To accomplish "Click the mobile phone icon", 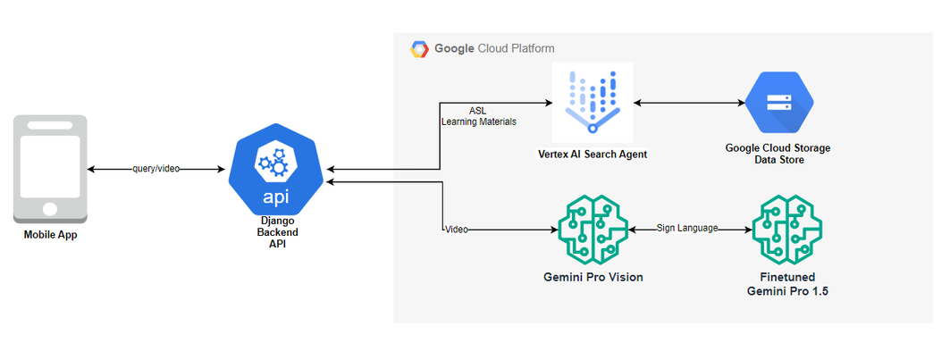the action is (x=50, y=170).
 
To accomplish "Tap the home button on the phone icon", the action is (x=50, y=209).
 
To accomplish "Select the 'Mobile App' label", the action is (x=50, y=235).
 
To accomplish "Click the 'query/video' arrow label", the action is (x=156, y=169).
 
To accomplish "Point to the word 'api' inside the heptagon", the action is (x=275, y=197).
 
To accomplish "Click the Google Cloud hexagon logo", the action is (x=419, y=49).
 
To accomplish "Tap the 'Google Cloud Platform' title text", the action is (x=494, y=48).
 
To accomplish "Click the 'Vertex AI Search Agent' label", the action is (x=593, y=155).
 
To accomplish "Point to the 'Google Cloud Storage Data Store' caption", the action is (x=778, y=154).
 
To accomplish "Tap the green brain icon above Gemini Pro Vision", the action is (x=593, y=230).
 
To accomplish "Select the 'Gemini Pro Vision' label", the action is (x=593, y=277).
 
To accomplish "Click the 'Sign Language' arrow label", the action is (x=687, y=228).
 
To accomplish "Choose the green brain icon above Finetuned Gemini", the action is (x=787, y=230).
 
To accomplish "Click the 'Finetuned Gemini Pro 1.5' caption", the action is (x=787, y=284).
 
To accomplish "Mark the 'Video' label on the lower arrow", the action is (x=456, y=230).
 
